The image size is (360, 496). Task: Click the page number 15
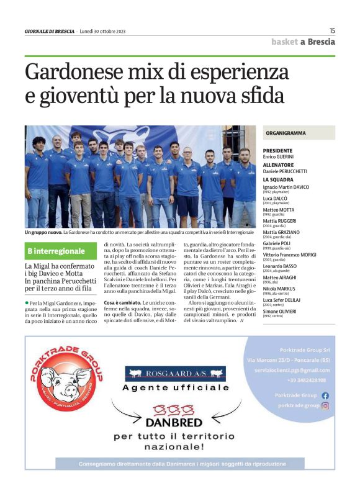[x=332, y=30]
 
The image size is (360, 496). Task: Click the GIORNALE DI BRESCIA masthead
[x=49, y=31]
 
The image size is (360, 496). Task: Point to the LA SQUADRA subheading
[x=279, y=180]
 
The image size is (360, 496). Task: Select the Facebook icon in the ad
[x=325, y=395]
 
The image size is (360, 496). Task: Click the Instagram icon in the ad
[x=325, y=405]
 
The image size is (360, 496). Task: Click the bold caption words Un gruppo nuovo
[x=43, y=232]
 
